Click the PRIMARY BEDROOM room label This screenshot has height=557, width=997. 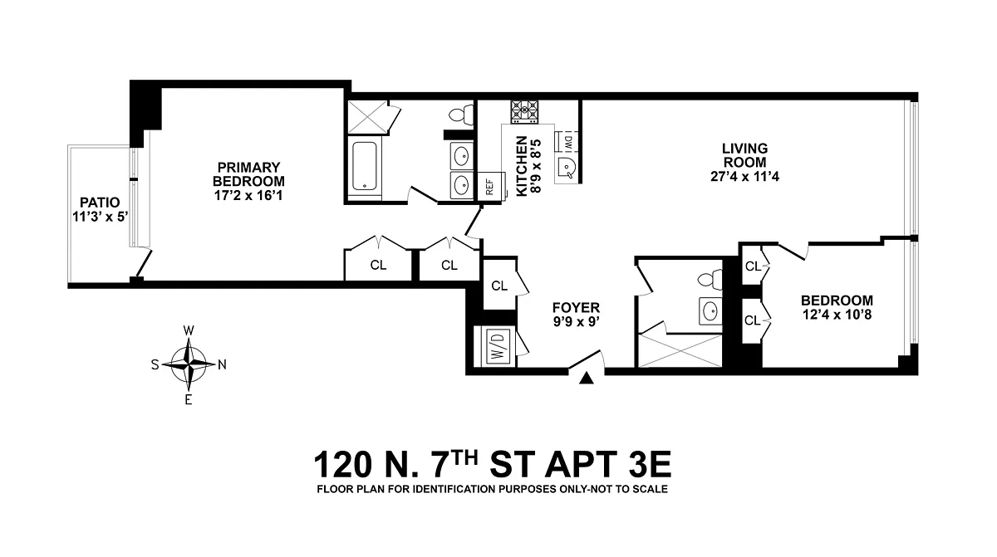click(x=248, y=174)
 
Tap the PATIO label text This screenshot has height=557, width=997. click(x=100, y=203)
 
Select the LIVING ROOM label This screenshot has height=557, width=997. click(x=744, y=155)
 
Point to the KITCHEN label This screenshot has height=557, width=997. click(x=521, y=166)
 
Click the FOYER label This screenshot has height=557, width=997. click(x=576, y=308)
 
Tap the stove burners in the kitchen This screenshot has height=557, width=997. click(x=524, y=111)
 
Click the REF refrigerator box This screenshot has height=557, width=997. click(x=491, y=187)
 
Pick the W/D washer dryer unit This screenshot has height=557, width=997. click(x=495, y=347)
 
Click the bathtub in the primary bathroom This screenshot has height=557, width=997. click(x=365, y=166)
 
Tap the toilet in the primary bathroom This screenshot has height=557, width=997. click(x=461, y=115)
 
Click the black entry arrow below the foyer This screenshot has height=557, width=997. click(x=587, y=378)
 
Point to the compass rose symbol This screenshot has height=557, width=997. click(x=189, y=364)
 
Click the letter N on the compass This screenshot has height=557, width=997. click(x=222, y=365)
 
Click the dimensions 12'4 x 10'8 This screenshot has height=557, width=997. click(x=837, y=315)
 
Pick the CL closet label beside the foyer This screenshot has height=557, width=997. click(x=499, y=286)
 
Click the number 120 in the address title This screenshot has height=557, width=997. click(x=342, y=464)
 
